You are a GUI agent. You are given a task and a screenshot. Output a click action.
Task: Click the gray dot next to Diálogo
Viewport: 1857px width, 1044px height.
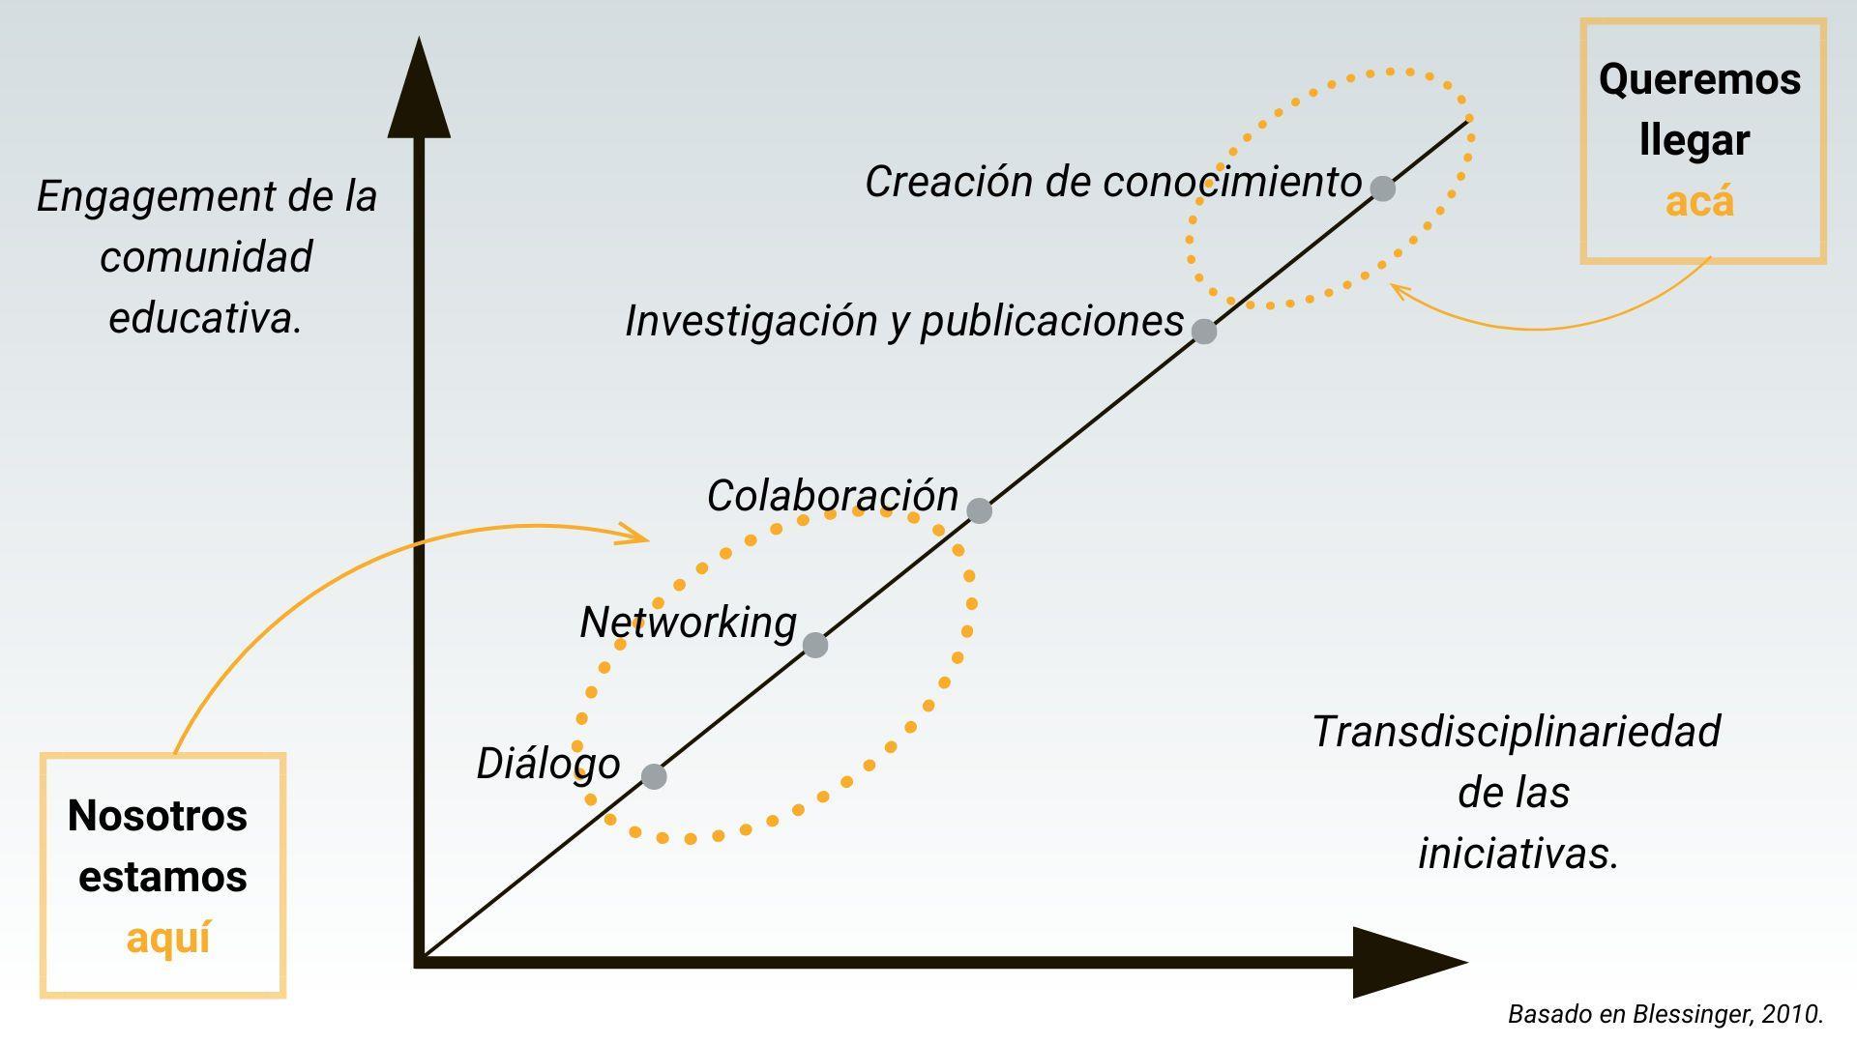(654, 776)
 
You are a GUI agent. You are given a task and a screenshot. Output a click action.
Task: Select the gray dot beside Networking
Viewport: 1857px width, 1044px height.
(815, 645)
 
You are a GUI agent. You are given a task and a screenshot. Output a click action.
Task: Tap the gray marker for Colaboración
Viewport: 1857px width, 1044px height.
(979, 510)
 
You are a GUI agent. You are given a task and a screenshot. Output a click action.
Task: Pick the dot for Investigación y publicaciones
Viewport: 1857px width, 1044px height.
(1204, 332)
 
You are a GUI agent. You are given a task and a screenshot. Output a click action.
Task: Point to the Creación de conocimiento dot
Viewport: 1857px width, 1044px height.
(1383, 188)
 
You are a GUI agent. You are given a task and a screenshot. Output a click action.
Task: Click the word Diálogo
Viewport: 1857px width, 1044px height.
(547, 764)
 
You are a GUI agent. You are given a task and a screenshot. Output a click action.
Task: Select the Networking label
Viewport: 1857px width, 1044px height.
(688, 623)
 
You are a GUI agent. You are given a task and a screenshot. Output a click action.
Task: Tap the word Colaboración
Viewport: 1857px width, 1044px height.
(832, 496)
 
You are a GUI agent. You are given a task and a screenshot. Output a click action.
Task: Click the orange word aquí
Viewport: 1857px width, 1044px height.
(168, 939)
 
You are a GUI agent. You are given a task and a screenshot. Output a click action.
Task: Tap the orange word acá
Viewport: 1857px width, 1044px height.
(1699, 202)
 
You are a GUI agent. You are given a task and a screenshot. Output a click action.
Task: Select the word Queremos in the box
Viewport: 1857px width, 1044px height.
(1699, 79)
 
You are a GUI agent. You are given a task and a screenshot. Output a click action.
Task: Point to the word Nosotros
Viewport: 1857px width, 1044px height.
(158, 816)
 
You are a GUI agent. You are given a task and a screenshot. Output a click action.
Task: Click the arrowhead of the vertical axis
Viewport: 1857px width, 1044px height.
(419, 92)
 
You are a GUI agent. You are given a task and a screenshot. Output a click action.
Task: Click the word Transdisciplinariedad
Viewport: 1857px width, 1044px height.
(1516, 732)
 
